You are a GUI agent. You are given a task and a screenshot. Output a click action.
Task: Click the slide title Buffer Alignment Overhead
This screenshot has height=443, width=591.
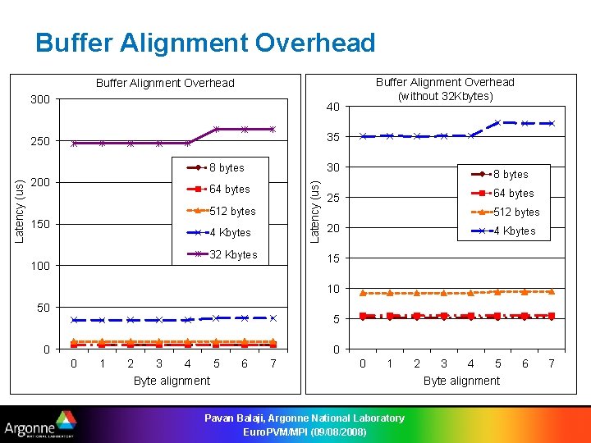(x=205, y=43)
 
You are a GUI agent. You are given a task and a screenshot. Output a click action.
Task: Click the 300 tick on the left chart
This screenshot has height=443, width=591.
(x=40, y=99)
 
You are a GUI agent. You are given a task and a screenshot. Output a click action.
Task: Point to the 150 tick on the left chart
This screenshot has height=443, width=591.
(x=40, y=224)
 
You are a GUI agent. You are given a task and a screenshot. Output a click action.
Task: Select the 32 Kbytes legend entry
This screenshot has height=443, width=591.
(x=233, y=254)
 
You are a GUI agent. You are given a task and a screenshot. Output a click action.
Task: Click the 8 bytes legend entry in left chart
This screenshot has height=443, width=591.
(x=227, y=167)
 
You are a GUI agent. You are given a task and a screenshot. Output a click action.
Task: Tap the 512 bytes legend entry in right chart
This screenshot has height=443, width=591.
(x=515, y=212)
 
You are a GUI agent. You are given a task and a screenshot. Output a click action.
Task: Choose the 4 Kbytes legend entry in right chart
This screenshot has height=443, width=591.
(x=514, y=231)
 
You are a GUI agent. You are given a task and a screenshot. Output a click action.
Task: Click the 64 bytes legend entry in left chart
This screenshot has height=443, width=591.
(x=230, y=189)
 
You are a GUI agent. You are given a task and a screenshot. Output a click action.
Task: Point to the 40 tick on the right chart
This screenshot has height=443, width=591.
(x=332, y=107)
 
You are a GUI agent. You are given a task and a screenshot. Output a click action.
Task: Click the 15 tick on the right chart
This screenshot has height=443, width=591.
(x=332, y=258)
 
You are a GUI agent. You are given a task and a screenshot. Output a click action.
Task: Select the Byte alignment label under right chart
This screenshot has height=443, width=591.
(x=461, y=381)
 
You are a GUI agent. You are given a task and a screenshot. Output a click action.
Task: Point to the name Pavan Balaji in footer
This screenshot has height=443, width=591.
(x=237, y=418)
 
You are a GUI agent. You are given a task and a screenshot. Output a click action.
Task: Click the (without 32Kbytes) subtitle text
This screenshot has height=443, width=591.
(x=445, y=96)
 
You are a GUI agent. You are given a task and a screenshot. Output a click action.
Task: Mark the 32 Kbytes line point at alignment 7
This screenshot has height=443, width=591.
(x=273, y=129)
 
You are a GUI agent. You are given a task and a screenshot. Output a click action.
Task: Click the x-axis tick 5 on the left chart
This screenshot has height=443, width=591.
(x=216, y=363)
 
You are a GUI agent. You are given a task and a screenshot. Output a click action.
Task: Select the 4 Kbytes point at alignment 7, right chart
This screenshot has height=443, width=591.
(x=552, y=123)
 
